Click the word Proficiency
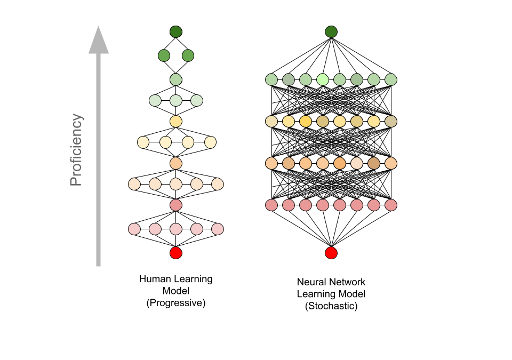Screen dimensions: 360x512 tap(76, 150)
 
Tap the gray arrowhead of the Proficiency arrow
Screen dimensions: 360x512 tap(99, 41)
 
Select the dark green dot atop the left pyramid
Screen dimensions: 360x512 tap(176, 31)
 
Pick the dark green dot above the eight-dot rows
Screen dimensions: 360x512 tap(331, 31)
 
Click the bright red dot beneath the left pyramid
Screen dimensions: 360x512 tap(176, 253)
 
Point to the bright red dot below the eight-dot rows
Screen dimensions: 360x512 tap(331, 253)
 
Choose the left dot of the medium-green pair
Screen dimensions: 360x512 tap(164, 55)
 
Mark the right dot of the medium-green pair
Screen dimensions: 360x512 tap(188, 55)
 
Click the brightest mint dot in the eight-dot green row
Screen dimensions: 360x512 tap(323, 79)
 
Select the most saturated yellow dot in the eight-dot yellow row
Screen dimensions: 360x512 tap(306, 121)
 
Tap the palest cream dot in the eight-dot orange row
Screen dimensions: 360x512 tap(357, 163)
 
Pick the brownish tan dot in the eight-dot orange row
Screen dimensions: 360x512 tap(374, 163)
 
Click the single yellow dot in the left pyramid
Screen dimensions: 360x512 tap(176, 121)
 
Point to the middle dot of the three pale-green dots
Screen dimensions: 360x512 tap(176, 100)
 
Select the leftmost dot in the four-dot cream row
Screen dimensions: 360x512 tap(143, 142)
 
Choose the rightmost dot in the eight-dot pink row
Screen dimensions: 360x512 tap(391, 205)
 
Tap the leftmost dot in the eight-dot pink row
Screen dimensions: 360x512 tap(271, 205)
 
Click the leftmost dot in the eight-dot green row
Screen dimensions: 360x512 tap(271, 79)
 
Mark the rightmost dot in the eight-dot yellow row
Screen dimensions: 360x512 tap(391, 121)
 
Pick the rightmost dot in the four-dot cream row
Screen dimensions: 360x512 tap(211, 142)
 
